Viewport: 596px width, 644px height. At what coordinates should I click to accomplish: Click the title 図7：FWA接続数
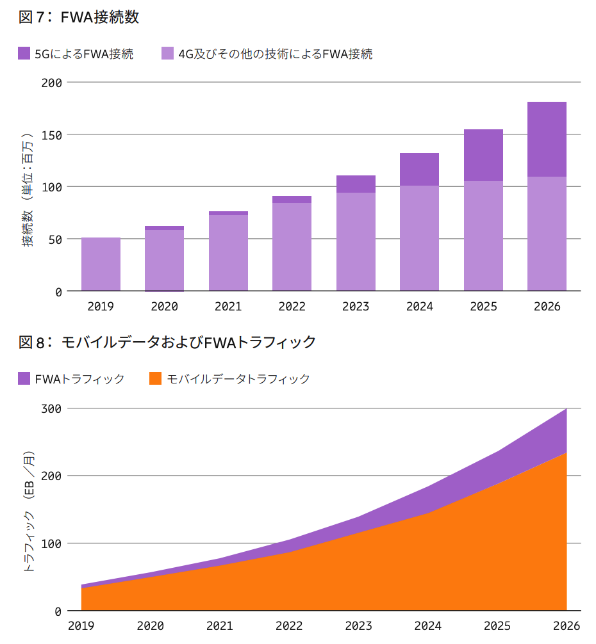coord(79,17)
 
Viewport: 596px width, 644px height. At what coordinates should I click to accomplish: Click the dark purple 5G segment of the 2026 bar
coord(547,139)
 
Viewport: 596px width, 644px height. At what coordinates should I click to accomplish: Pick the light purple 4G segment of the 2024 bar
coord(419,238)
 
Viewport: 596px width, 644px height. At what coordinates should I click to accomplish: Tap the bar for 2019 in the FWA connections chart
coord(101,264)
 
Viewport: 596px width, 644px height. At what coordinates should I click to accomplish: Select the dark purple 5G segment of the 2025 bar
coord(483,155)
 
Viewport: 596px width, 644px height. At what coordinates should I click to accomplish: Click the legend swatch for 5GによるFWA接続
coord(24,54)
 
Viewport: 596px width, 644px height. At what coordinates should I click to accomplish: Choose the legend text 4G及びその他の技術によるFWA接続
coord(275,54)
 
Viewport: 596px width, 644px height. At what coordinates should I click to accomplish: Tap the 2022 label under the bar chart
coord(292,307)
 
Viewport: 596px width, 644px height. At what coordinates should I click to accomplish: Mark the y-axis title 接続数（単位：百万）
coord(28,190)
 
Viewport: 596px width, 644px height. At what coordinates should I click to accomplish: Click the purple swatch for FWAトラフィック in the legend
coord(24,378)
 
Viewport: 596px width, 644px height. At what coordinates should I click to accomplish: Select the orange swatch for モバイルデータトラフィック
coord(155,378)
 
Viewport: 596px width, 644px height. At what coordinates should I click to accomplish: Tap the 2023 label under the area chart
coord(358,625)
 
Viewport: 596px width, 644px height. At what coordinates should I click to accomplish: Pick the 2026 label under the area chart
coord(566,625)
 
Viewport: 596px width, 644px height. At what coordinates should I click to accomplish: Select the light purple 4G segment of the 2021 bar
coord(228,253)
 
